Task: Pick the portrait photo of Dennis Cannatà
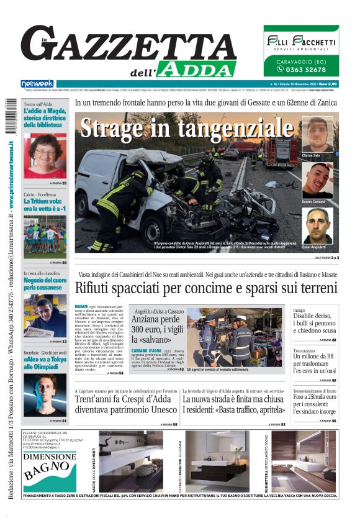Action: [x=317, y=180]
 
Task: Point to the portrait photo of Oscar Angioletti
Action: [x=317, y=225]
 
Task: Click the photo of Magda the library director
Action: [x=45, y=155]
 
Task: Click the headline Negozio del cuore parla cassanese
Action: [x=45, y=284]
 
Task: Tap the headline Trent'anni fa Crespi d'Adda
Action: [x=127, y=404]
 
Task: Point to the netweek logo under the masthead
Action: [x=37, y=83]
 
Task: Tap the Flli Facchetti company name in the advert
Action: [x=301, y=42]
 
